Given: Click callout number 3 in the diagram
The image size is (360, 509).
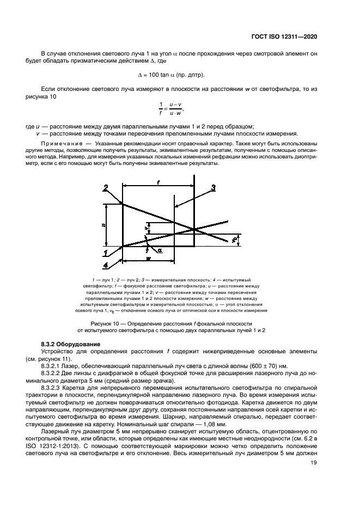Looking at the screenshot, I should point(213,188).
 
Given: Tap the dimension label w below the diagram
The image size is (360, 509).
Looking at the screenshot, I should point(148,259).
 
